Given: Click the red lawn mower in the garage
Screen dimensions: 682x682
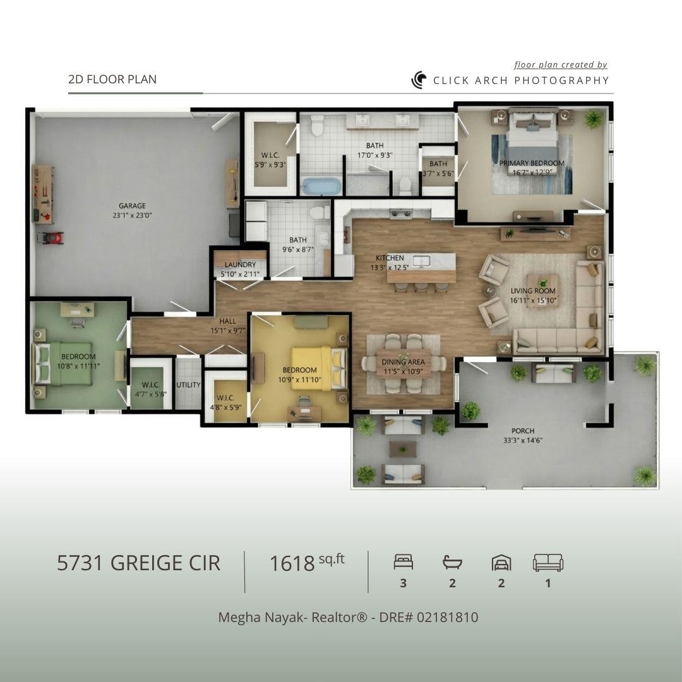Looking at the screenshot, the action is [51, 238].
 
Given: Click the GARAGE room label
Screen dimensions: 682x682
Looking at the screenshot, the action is [132, 206].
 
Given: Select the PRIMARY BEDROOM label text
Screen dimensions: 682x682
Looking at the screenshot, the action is [532, 163].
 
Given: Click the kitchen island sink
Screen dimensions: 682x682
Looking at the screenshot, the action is [421, 261].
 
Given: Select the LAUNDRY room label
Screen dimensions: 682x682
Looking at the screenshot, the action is [240, 265].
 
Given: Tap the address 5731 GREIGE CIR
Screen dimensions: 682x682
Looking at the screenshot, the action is [139, 563].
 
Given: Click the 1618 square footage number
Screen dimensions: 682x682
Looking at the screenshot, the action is [292, 564].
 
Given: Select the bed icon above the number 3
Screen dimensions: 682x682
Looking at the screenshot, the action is [403, 562].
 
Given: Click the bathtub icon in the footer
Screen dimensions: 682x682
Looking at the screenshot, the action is [452, 562].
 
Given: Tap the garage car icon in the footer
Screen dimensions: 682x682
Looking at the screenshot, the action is [501, 563].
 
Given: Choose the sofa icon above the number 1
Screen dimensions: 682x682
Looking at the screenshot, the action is [548, 563].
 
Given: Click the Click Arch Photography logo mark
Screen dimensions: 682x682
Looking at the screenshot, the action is [419, 80].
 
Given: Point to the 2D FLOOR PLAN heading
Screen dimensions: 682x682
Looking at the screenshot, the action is [112, 79].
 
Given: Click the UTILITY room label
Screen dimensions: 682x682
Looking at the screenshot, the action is [188, 385].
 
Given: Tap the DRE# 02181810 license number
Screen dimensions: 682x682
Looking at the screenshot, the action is [429, 617].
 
